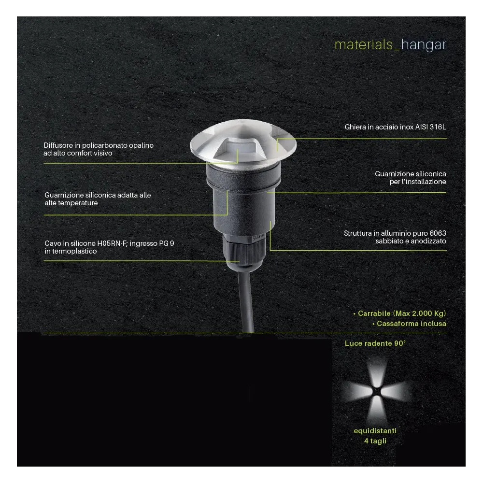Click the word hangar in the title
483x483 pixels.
[424, 45]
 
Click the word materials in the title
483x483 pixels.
[365, 45]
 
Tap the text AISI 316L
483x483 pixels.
[432, 128]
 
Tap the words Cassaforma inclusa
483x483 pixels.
[411, 323]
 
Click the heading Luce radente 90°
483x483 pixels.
[375, 343]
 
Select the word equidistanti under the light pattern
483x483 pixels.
[375, 430]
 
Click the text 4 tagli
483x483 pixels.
[375, 440]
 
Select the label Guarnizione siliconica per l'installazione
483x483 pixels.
[410, 177]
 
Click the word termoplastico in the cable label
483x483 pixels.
[74, 251]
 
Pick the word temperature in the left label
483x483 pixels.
[78, 203]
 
